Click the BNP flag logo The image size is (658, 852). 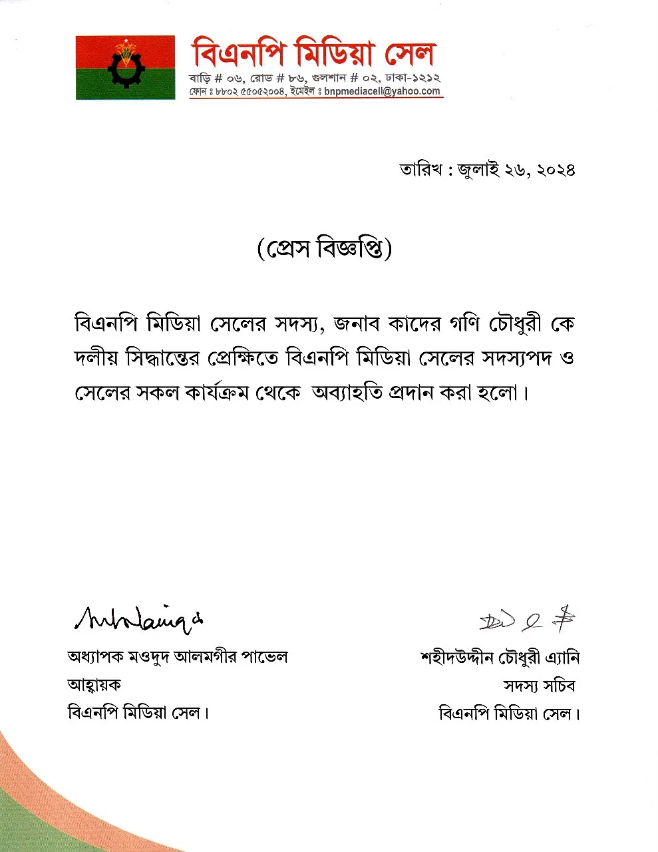[125, 67]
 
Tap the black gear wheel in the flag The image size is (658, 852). [124, 69]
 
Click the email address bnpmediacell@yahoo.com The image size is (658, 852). [383, 91]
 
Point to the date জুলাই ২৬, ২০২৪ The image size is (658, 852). [516, 170]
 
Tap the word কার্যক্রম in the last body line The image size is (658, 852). [211, 393]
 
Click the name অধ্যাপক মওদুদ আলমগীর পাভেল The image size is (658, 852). [178, 658]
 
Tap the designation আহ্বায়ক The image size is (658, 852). [94, 685]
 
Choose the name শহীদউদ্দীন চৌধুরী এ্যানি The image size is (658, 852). [500, 658]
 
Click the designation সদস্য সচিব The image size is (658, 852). [539, 686]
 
